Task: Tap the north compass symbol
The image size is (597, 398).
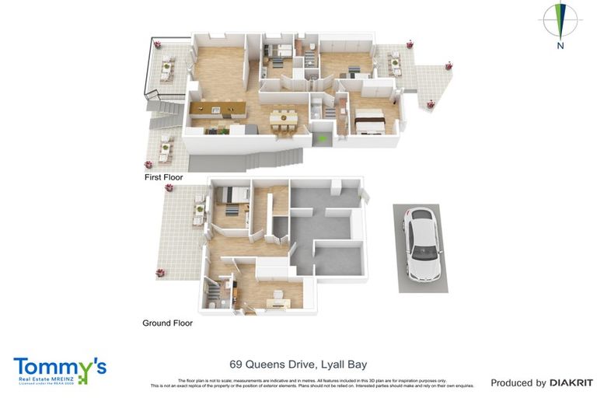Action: [560, 21]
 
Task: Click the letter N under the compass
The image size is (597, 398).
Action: [560, 46]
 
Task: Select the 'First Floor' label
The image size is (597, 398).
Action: [163, 177]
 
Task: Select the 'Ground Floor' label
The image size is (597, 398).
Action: [167, 323]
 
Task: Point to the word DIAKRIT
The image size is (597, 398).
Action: [571, 382]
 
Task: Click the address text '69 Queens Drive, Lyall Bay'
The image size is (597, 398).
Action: [298, 364]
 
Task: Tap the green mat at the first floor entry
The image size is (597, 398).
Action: [322, 138]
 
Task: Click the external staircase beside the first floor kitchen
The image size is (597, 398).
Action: [165, 109]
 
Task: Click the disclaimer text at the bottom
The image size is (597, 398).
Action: [311, 382]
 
